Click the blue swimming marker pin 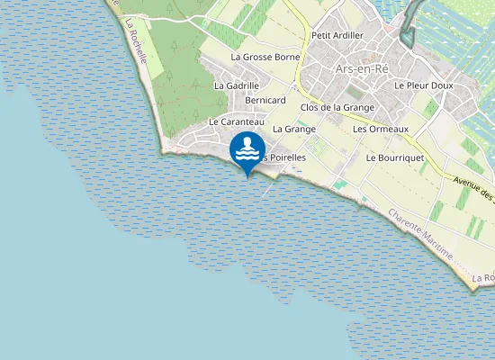[247, 149]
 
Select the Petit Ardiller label [337, 35]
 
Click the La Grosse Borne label [265, 57]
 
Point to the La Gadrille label [236, 85]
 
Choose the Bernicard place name [265, 101]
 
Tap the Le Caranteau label [236, 121]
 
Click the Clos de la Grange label [337, 108]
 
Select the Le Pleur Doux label [424, 85]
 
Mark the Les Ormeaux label [381, 129]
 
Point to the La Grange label [293, 129]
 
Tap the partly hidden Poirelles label [285, 157]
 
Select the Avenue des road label [475, 189]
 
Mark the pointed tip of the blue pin [247, 176]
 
